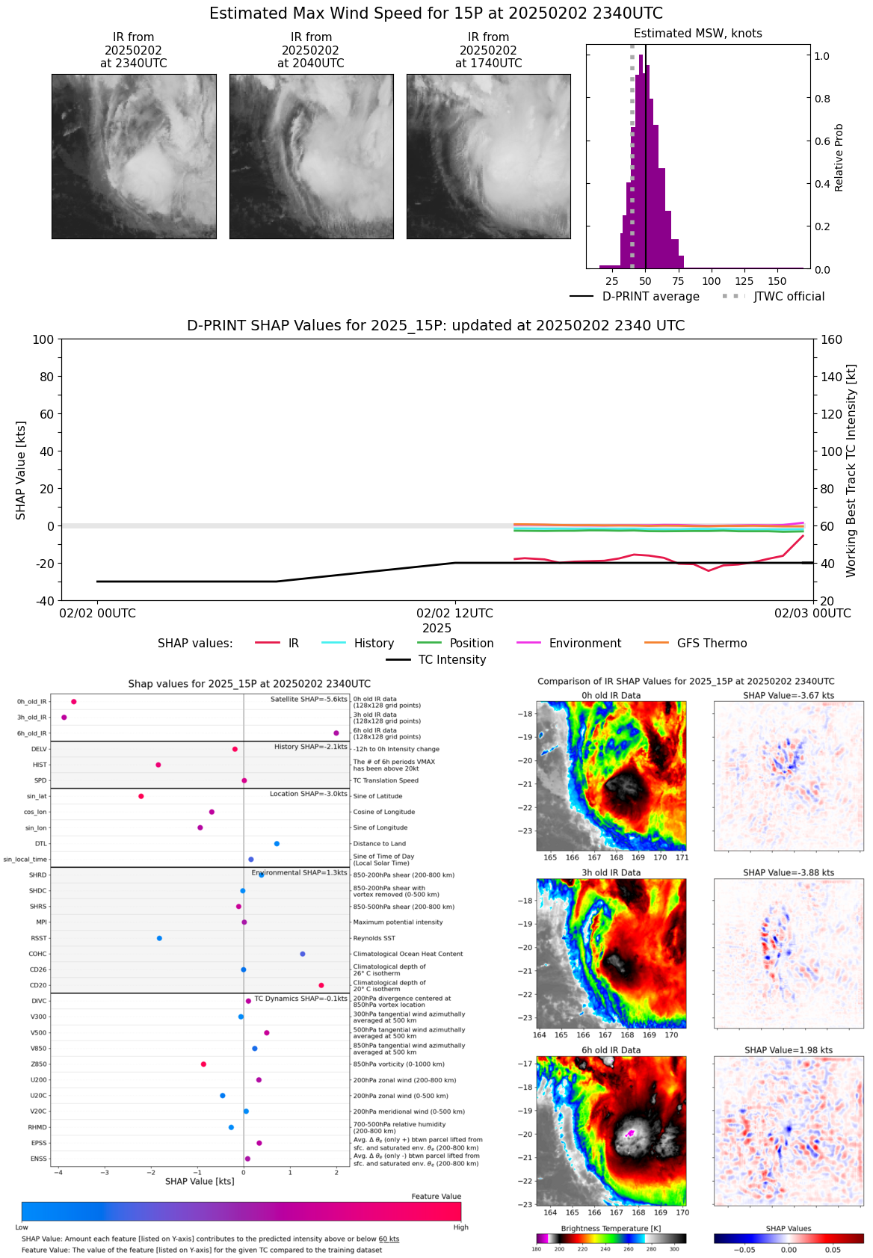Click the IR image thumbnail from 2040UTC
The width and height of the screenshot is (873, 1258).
tap(311, 156)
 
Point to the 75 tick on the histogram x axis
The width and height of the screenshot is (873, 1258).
tap(678, 281)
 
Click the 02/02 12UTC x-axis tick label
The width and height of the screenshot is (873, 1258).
tap(454, 614)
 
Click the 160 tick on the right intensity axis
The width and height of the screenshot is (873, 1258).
tap(831, 339)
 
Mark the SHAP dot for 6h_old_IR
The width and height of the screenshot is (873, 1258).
tap(336, 733)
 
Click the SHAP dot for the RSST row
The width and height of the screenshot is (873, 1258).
tap(159, 938)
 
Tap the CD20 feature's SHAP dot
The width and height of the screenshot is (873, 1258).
tap(321, 985)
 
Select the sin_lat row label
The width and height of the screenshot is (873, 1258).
tap(37, 796)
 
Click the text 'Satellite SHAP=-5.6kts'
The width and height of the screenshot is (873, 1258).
tap(309, 700)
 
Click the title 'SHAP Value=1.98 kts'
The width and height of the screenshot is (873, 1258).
tap(789, 1050)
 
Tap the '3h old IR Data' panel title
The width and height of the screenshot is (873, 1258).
tap(611, 872)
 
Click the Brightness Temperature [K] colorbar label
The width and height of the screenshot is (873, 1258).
tap(611, 1229)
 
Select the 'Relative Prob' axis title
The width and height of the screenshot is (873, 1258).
tap(839, 157)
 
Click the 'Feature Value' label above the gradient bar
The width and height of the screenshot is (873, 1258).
tap(436, 1197)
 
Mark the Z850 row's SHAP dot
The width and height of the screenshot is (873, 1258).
tap(203, 1064)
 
